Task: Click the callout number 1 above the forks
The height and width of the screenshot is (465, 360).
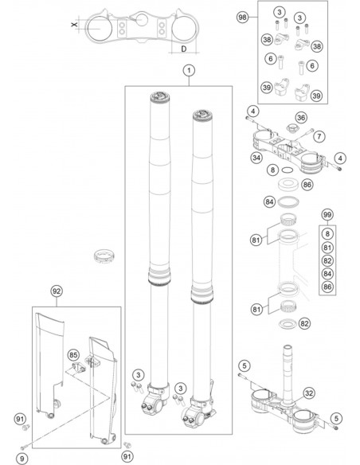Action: [x=189, y=71]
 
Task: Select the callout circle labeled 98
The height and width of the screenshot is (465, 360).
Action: [x=243, y=18]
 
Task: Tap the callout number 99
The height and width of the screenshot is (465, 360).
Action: [x=327, y=214]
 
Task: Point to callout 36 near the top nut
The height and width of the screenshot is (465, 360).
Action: [x=301, y=118]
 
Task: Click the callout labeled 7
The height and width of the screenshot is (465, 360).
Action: [x=319, y=136]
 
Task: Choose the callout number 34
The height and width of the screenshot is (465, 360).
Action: [x=256, y=158]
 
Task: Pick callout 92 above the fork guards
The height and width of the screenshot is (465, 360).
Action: [x=57, y=291]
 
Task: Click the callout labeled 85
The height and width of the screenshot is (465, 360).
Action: [x=73, y=355]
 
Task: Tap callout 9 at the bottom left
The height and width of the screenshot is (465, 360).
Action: [x=22, y=459]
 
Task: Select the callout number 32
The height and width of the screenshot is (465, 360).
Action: [x=309, y=393]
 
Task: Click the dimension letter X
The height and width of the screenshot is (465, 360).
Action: [x=74, y=24]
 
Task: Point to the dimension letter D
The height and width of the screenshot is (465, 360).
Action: [x=184, y=49]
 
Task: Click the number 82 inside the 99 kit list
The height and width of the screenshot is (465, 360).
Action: [x=327, y=260]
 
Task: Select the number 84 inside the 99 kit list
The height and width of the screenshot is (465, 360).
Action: [x=327, y=273]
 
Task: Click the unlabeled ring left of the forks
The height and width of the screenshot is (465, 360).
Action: [x=104, y=257]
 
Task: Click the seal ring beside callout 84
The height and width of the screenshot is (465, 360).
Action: [x=288, y=202]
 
